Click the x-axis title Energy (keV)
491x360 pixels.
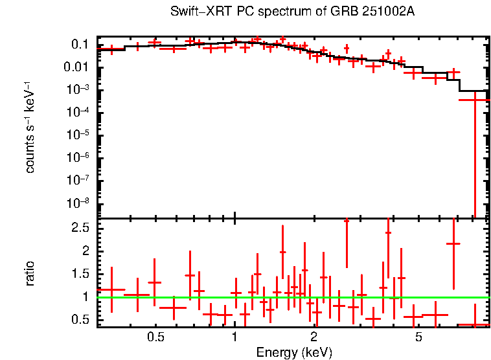(294, 352)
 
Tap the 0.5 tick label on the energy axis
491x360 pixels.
(155, 337)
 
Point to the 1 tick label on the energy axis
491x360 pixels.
(234, 337)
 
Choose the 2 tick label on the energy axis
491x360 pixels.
(314, 337)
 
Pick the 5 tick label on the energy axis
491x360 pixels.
(418, 337)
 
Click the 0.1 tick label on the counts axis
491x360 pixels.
(79, 45)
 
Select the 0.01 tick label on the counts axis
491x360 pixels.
(76, 67)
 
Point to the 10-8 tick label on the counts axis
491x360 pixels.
(78, 203)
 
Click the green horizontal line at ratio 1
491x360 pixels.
(194, 297)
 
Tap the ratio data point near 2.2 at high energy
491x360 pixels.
(453, 244)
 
